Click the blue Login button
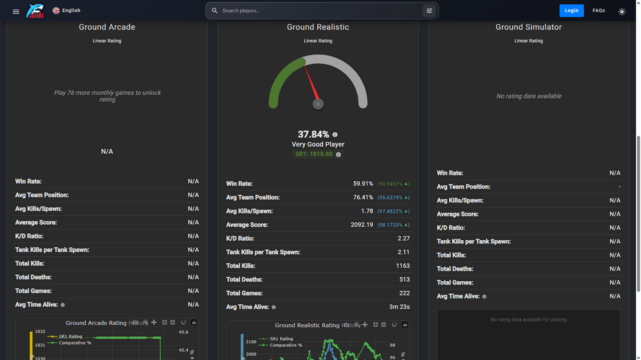pyautogui.click(x=571, y=10)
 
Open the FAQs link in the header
pyautogui.click(x=599, y=10)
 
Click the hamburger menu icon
pyautogui.click(x=16, y=11)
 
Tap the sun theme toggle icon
pyautogui.click(x=622, y=11)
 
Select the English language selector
pyautogui.click(x=67, y=10)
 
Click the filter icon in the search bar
pyautogui.click(x=429, y=11)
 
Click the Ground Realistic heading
pyautogui.click(x=318, y=27)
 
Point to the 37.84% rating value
pyautogui.click(x=313, y=135)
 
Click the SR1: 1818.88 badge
pyautogui.click(x=314, y=154)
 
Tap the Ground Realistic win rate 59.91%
pyautogui.click(x=363, y=184)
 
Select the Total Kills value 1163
pyautogui.click(x=403, y=266)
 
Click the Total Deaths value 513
pyautogui.click(x=404, y=279)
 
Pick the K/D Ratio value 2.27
pyautogui.click(x=403, y=238)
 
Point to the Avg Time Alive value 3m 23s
pyautogui.click(x=399, y=307)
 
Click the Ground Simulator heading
pyautogui.click(x=528, y=27)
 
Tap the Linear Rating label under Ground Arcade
pyautogui.click(x=107, y=41)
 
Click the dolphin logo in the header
pyautogui.click(x=35, y=11)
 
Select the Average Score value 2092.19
pyautogui.click(x=362, y=225)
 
